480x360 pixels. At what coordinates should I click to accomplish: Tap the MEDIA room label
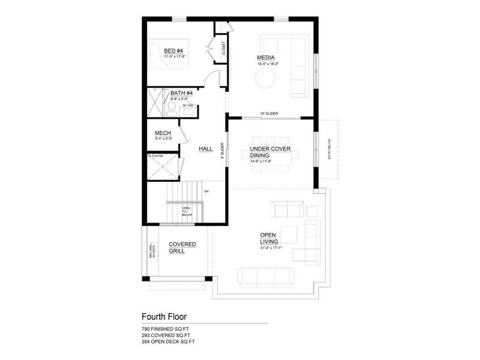point(265,58)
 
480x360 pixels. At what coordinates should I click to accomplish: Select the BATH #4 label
point(181,93)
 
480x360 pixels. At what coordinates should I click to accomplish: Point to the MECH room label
point(163,133)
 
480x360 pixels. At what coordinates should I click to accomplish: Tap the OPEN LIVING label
point(268,238)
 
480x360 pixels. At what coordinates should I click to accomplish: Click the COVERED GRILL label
point(182,247)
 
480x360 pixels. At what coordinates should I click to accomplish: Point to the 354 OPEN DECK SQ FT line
point(169,341)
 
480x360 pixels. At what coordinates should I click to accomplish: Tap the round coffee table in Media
point(265,79)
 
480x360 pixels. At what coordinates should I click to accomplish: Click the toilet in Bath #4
point(172,107)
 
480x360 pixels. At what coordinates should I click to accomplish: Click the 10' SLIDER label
point(268,113)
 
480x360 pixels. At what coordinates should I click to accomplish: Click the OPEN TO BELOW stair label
point(186,211)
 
